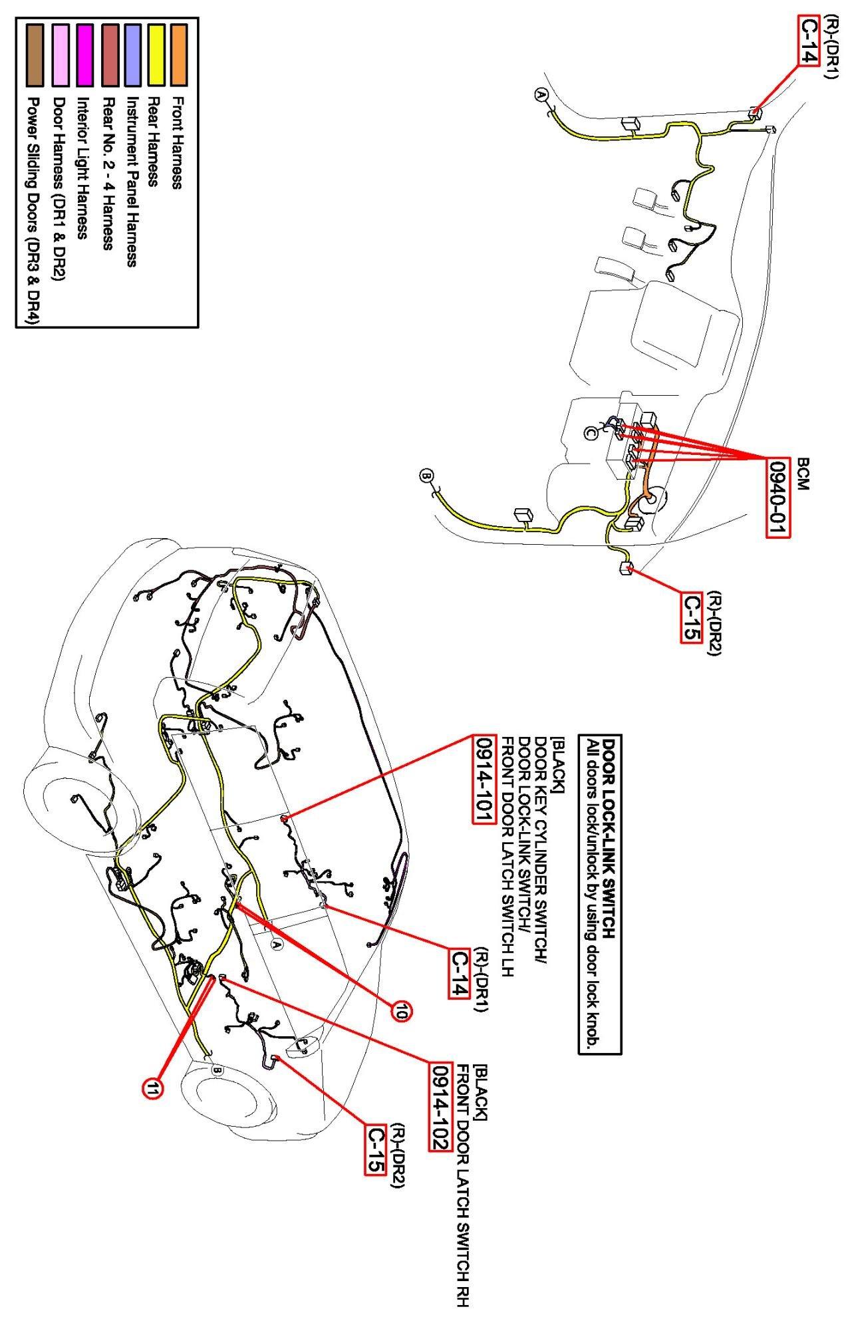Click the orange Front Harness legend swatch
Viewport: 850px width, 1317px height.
[x=178, y=55]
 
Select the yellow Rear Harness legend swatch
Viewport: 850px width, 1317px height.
[x=156, y=55]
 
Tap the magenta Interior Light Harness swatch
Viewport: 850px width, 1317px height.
[x=84, y=55]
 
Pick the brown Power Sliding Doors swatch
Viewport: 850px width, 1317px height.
[x=35, y=55]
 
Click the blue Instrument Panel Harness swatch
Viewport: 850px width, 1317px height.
[x=132, y=55]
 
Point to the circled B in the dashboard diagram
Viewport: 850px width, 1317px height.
[x=426, y=476]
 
